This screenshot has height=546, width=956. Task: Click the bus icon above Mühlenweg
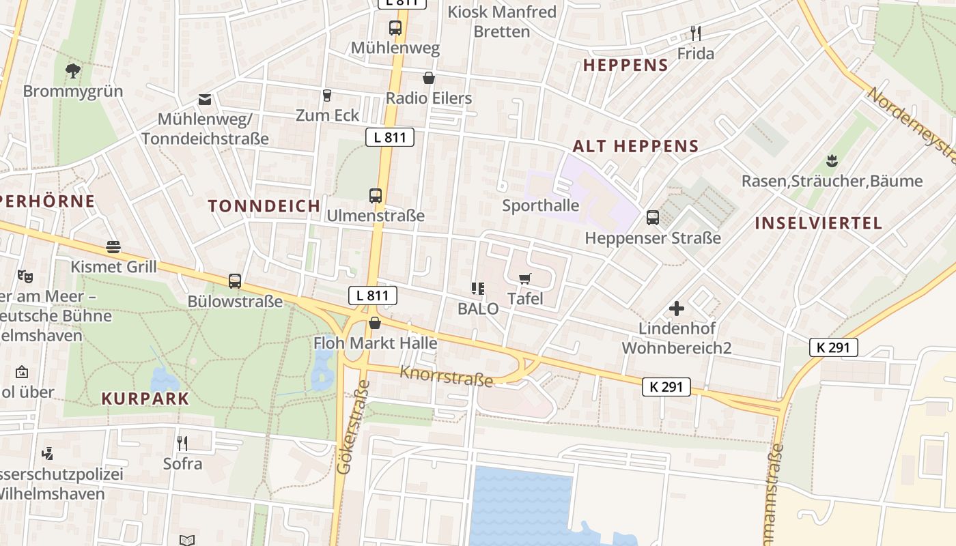(395, 28)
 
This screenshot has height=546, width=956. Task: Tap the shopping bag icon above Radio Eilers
(429, 78)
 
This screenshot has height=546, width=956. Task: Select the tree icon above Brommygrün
(72, 70)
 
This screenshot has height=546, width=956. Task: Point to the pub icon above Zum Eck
(327, 95)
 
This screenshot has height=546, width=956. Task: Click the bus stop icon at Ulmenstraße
(376, 196)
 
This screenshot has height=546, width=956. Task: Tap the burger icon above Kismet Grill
(113, 247)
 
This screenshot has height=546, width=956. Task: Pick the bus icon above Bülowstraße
(235, 281)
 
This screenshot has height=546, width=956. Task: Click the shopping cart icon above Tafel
(525, 278)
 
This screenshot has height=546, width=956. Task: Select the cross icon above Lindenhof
(677, 308)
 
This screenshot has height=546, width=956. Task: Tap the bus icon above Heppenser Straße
(653, 218)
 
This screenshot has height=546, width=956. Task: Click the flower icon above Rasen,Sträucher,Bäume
(832, 161)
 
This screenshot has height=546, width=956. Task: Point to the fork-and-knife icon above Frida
(696, 33)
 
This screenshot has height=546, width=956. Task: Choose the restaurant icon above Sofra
(182, 444)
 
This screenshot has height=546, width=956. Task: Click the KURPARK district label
(145, 399)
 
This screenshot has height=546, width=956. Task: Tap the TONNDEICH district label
(264, 205)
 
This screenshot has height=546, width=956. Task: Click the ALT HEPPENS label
(636, 145)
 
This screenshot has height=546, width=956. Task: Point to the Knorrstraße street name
(446, 375)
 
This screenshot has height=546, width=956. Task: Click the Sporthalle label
(541, 205)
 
